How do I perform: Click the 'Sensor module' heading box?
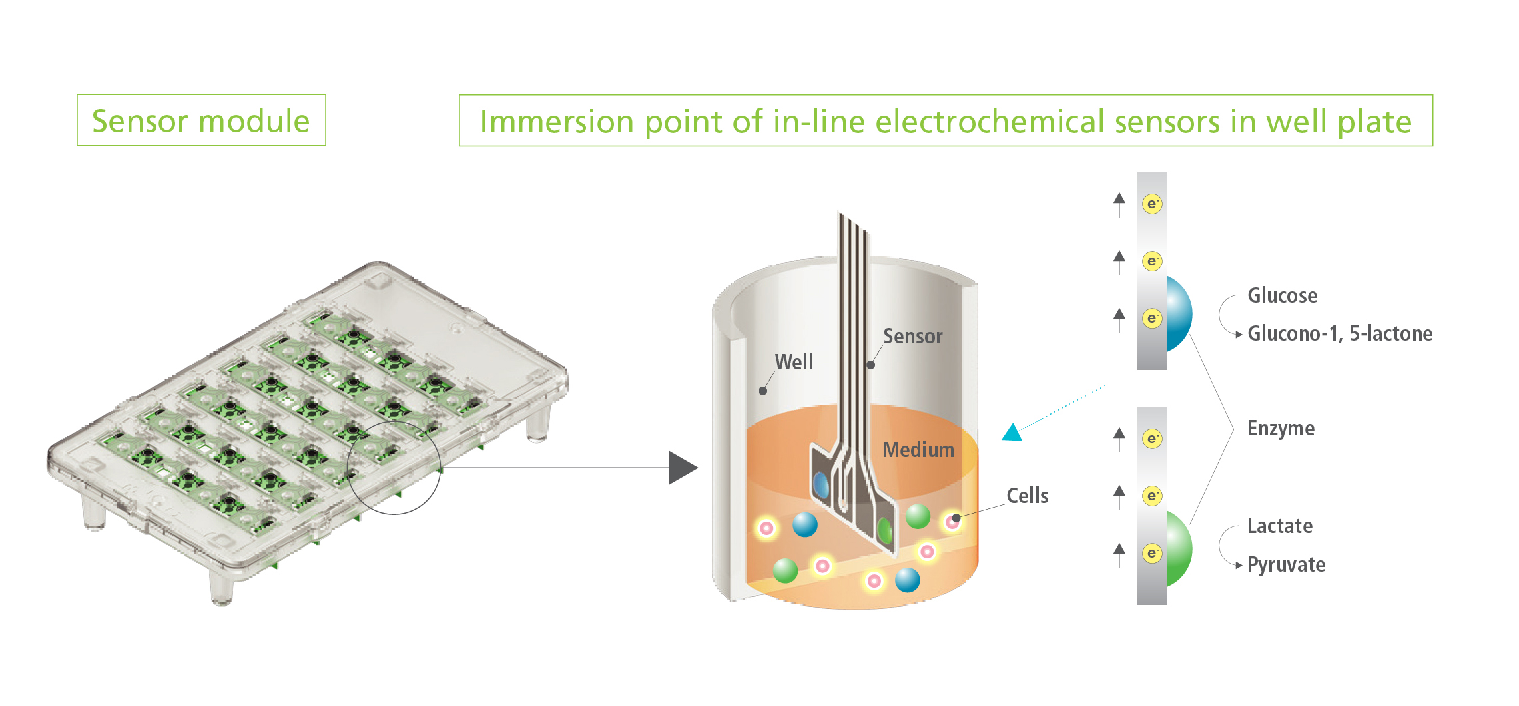pyautogui.click(x=201, y=120)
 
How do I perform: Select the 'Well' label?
pyautogui.click(x=794, y=362)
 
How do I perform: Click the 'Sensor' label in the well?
pyautogui.click(x=912, y=336)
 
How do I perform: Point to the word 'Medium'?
pyautogui.click(x=918, y=450)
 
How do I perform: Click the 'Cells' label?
pyautogui.click(x=1027, y=496)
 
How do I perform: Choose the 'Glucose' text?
pyautogui.click(x=1282, y=295)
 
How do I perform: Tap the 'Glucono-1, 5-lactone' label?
pyautogui.click(x=1339, y=333)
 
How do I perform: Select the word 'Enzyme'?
pyautogui.click(x=1281, y=428)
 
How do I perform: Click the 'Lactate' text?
pyautogui.click(x=1279, y=526)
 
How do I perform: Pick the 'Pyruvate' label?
pyautogui.click(x=1286, y=564)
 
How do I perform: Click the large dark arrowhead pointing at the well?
pyautogui.click(x=681, y=468)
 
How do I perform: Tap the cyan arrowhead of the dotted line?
pyautogui.click(x=1012, y=433)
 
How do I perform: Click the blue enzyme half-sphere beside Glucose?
pyautogui.click(x=1179, y=314)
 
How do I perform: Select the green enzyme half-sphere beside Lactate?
pyautogui.click(x=1179, y=548)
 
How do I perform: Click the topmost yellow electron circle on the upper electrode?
pyautogui.click(x=1153, y=204)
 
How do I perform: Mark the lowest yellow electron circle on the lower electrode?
pyautogui.click(x=1153, y=553)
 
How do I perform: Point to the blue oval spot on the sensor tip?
pyautogui.click(x=822, y=485)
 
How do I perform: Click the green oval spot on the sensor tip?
pyautogui.click(x=884, y=530)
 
